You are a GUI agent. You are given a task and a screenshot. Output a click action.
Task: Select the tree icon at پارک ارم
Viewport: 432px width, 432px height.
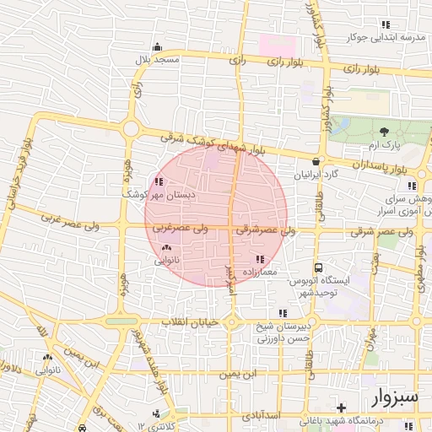pyautogui.click(x=384, y=131)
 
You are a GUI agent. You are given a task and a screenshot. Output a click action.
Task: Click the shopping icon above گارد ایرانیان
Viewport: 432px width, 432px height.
pyautogui.click(x=316, y=161)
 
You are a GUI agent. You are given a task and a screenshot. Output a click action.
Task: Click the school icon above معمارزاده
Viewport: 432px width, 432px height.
pyautogui.click(x=259, y=259)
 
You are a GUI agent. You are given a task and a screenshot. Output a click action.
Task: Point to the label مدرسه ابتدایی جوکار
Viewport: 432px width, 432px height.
pyautogui.click(x=387, y=39)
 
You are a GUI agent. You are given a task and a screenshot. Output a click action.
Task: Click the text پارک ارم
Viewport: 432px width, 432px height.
pyautogui.click(x=382, y=146)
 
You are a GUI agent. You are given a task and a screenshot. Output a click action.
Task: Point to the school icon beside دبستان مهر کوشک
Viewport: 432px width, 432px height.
pyautogui.click(x=159, y=181)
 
